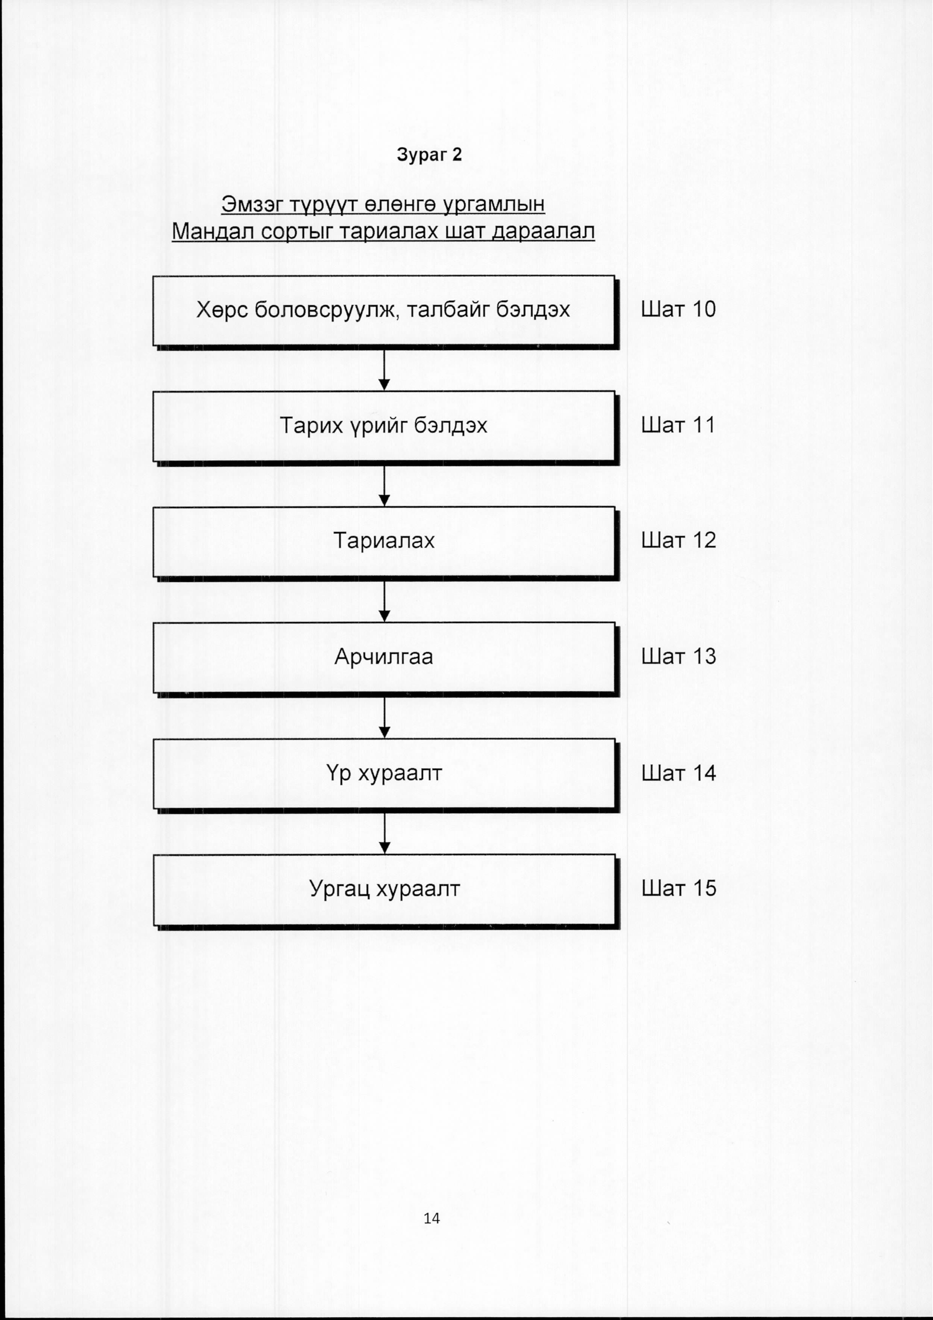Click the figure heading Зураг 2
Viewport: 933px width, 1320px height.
coord(429,155)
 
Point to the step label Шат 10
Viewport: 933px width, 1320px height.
coord(678,309)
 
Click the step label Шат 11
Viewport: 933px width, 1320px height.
coord(678,425)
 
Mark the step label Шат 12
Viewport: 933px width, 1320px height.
coord(678,540)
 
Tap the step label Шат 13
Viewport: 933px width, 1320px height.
coord(678,656)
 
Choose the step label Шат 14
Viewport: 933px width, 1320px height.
coord(678,773)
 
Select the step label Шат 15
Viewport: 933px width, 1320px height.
coord(678,888)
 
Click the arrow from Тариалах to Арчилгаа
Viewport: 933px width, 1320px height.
coord(384,602)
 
